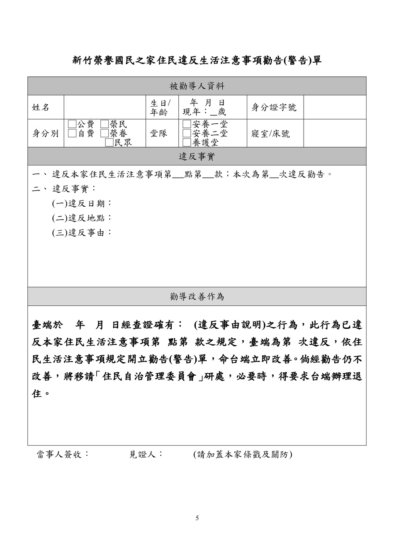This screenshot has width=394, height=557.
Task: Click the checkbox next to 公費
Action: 72,124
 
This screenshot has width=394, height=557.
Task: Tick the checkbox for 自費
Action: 72,133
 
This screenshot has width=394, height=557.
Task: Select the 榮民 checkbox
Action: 105,124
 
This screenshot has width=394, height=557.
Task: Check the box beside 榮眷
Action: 105,133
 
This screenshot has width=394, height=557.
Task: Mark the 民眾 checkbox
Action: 109,142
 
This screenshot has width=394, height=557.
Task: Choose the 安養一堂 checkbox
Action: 187,124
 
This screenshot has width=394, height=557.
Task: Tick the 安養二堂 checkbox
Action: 187,133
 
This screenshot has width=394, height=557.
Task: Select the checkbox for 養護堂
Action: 187,142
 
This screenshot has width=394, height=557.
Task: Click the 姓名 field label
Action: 41,107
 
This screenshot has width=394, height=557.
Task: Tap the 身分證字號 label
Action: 274,107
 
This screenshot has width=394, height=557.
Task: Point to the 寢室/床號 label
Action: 271,134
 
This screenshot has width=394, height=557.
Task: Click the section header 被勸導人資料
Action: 197,86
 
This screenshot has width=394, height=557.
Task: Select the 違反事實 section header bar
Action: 197,156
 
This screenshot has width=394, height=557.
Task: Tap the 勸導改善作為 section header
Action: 197,296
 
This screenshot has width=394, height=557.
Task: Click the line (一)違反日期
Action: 82,203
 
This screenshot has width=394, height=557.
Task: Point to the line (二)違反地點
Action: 82,218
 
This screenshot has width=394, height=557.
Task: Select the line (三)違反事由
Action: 82,232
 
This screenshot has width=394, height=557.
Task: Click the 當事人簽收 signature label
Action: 63,454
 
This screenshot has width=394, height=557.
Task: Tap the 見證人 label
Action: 146,454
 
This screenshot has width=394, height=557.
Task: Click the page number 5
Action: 197,518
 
